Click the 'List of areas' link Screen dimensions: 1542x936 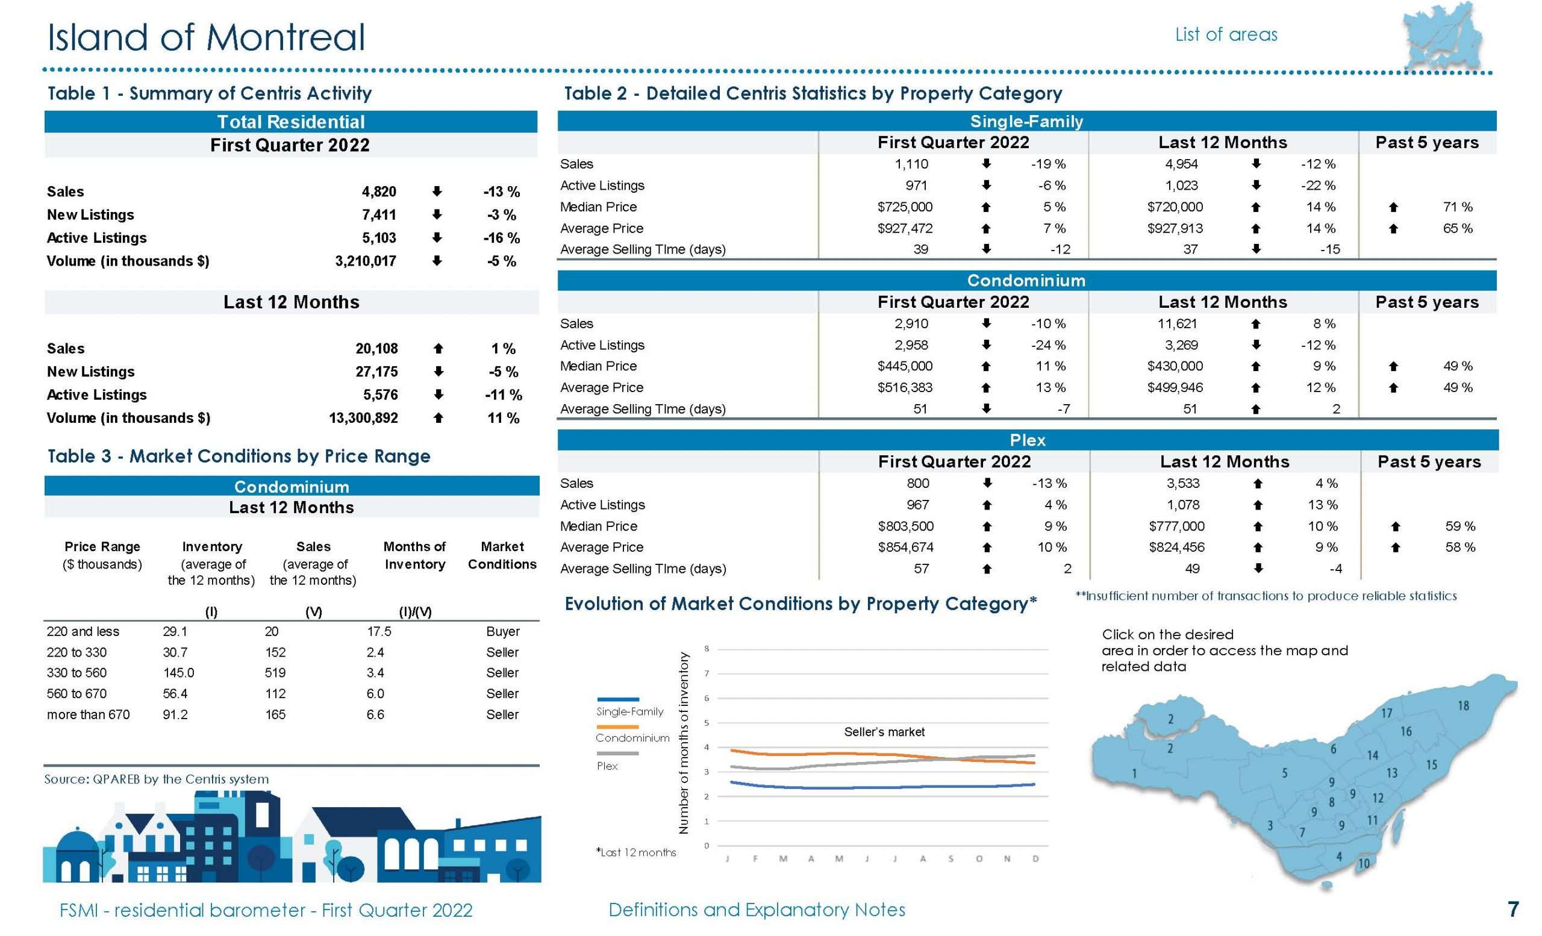coord(1226,34)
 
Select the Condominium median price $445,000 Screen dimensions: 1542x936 coord(904,366)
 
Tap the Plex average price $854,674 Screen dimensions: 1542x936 coord(905,548)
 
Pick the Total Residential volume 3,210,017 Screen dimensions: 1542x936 coord(366,261)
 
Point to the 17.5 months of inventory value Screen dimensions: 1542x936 coord(379,631)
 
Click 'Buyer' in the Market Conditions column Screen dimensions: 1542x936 coord(502,631)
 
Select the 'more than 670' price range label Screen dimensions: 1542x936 coord(88,714)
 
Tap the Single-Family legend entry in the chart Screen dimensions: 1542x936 coord(629,711)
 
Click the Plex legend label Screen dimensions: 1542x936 coord(607,766)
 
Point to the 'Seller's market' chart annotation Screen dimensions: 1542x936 coord(884,732)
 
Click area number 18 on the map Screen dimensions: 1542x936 coord(1463,706)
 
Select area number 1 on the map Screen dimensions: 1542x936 coord(1134,773)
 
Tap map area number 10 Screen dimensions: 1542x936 coord(1364,864)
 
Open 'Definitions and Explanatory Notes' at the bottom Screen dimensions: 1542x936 coord(757,909)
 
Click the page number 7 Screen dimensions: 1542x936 coord(1513,909)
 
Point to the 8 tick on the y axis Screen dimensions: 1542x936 coord(707,649)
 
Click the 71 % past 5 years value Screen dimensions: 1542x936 coord(1458,207)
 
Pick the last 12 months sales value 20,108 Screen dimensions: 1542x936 coord(376,349)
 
